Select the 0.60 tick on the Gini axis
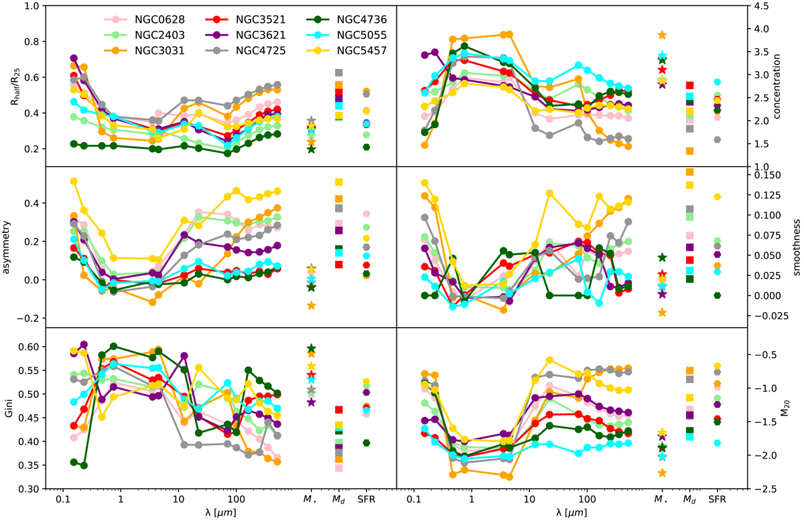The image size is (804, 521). pyautogui.click(x=29, y=347)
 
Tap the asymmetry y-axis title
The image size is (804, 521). pyautogui.click(x=9, y=247)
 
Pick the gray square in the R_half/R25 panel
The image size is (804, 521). pyautogui.click(x=339, y=72)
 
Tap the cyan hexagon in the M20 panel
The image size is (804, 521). pyautogui.click(x=718, y=443)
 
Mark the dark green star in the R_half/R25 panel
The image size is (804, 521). pyautogui.click(x=311, y=149)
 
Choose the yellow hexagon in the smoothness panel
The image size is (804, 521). pyautogui.click(x=718, y=196)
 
